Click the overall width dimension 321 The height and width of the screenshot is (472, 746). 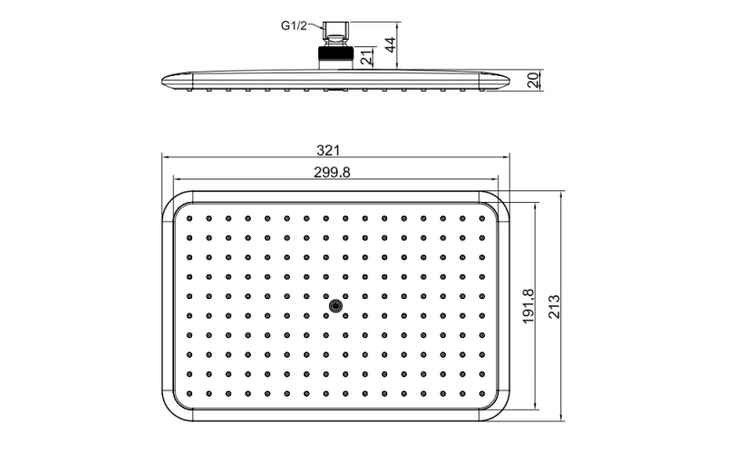[x=334, y=150]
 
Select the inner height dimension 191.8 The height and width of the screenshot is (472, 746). [x=529, y=305]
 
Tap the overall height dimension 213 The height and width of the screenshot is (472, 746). [x=553, y=305]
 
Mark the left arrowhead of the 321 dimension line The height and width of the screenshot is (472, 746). [x=165, y=157]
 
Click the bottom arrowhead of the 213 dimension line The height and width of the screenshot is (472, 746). [x=562, y=419]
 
